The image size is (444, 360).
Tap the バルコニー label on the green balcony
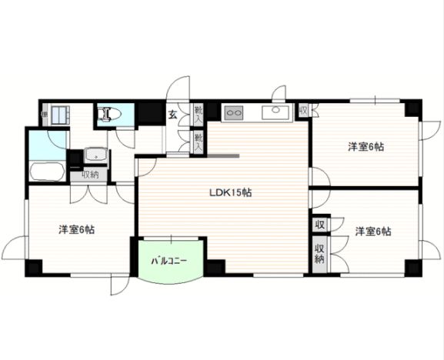click(x=169, y=262)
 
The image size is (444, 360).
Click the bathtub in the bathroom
click(x=47, y=168)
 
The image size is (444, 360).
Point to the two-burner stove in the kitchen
click(x=233, y=114)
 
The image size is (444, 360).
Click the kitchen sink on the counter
click(x=274, y=114)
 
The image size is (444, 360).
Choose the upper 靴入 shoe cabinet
click(x=198, y=113)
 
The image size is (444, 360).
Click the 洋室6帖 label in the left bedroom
click(x=77, y=229)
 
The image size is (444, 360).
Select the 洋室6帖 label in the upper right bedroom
click(x=365, y=145)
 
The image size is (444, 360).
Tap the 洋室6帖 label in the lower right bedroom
click(x=372, y=231)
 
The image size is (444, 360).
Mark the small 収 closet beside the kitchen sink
click(x=303, y=110)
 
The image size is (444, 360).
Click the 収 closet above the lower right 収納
click(x=319, y=225)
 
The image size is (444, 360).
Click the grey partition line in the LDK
click(x=222, y=155)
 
